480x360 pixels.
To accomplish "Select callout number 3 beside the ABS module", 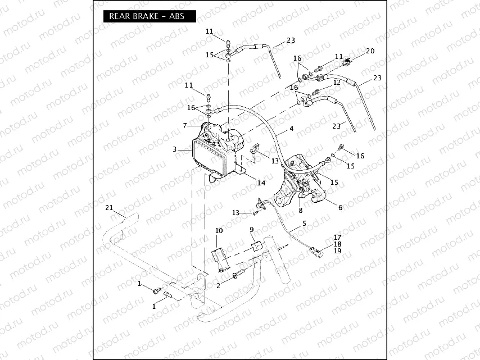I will (x=175, y=149).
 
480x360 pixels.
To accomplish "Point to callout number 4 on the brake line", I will (x=291, y=129).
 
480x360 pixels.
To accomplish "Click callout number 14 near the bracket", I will (x=261, y=183).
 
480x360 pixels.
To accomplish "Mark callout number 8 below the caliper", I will (x=301, y=211).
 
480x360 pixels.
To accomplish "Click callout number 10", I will (x=219, y=231).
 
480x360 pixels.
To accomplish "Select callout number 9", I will (x=252, y=229).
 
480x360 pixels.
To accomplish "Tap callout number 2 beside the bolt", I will (x=219, y=285).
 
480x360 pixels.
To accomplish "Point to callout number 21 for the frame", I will (x=110, y=208).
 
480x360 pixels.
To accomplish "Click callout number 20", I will (x=370, y=51).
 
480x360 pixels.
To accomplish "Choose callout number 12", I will (x=337, y=82).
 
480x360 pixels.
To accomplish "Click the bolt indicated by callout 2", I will (x=237, y=274).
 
